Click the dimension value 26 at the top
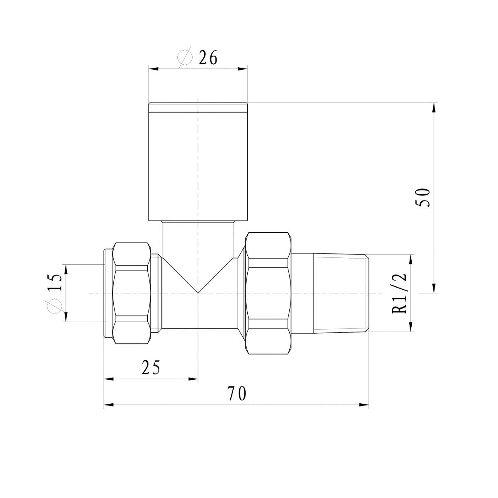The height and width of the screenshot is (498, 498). (x=208, y=58)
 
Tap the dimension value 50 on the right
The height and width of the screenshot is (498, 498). (x=423, y=198)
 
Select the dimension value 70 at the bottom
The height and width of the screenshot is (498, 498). (x=237, y=393)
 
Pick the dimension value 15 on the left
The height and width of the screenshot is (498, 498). (x=54, y=282)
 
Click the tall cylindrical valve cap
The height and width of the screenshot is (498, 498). (x=198, y=162)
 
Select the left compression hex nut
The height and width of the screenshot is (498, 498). (x=132, y=293)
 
